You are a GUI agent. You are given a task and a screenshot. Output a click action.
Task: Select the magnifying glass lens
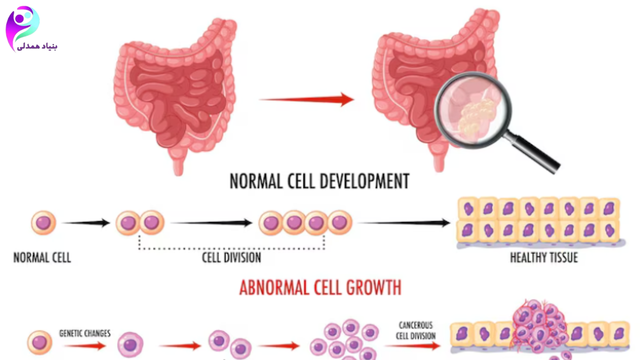472,110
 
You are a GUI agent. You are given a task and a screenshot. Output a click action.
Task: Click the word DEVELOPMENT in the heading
358,181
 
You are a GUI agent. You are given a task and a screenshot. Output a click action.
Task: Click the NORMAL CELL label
42,258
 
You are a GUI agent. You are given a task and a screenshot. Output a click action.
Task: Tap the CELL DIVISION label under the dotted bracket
231,258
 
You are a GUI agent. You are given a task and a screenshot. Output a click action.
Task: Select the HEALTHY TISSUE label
543,258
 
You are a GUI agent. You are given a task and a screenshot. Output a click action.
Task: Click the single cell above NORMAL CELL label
43,223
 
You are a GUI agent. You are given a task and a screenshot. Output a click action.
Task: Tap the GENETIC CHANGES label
85,333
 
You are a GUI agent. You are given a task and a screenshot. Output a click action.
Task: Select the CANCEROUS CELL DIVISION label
415,330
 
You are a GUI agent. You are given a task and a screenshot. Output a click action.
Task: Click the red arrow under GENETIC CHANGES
85,345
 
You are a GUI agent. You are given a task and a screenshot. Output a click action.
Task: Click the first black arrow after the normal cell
86,223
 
